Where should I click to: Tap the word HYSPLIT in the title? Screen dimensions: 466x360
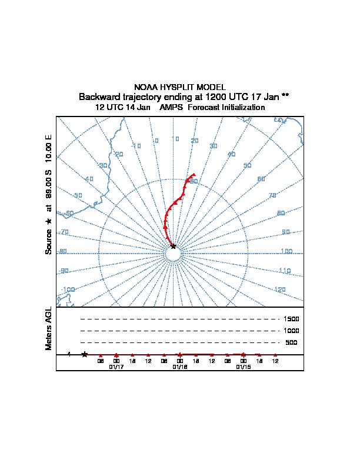(176, 87)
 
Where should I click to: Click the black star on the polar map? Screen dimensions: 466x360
(173, 246)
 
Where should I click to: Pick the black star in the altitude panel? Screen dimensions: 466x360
(85, 354)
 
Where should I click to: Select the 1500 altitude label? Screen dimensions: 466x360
(291, 319)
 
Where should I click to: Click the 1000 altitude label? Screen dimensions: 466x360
(291, 331)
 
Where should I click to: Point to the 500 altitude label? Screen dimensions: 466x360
(291, 342)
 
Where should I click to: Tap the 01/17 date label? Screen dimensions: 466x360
(116, 367)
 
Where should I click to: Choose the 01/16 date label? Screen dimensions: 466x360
(180, 367)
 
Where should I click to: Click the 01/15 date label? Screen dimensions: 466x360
(244, 367)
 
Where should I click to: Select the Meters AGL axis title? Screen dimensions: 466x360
(49, 329)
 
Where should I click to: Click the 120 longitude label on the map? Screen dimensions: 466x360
(280, 289)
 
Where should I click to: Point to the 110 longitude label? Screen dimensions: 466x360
(285, 271)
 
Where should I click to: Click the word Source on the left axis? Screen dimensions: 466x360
(49, 241)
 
